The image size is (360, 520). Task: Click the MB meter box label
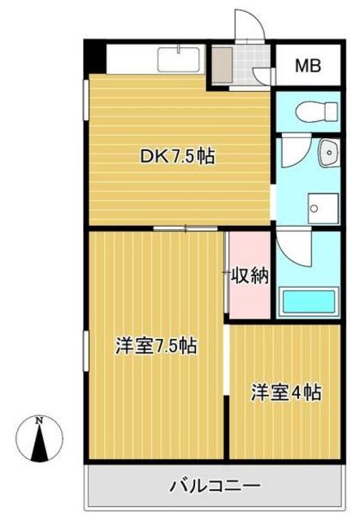[x=308, y=66]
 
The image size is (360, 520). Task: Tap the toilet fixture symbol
[x=317, y=111]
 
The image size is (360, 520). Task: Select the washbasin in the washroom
[x=329, y=152]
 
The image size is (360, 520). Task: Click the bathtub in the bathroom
[x=309, y=301]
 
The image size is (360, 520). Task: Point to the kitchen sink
[x=179, y=59]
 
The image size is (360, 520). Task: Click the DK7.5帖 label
[x=177, y=156]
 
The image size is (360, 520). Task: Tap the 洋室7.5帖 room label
[x=156, y=346]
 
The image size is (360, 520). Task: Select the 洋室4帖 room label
[x=286, y=392]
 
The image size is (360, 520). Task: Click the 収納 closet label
[x=249, y=275]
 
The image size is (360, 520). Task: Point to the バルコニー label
[x=215, y=486]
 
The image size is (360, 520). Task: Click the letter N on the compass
[x=40, y=421]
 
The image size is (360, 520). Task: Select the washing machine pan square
[x=323, y=208]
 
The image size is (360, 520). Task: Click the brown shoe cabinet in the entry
[x=222, y=65]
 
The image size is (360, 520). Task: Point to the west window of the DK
[x=85, y=100]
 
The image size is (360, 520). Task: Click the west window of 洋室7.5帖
[x=85, y=351]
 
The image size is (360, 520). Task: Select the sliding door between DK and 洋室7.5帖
[x=185, y=228]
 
